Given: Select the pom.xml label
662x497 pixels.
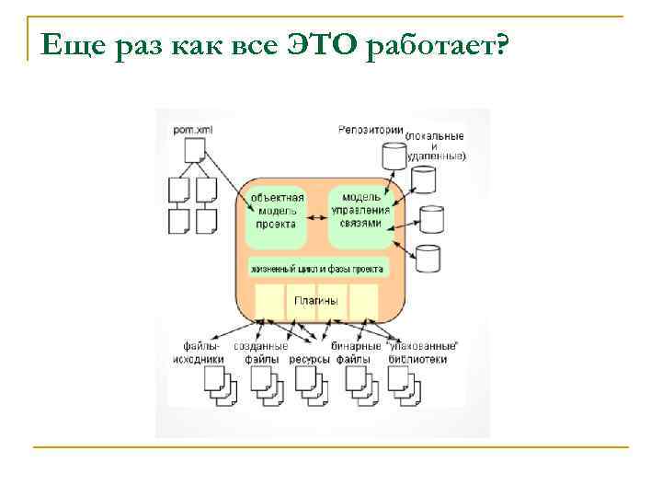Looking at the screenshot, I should (x=192, y=130).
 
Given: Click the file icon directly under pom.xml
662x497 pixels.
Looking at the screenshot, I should (x=195, y=150).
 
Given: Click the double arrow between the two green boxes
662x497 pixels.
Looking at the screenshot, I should (x=318, y=217).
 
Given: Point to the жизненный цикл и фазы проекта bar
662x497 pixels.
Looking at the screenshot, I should (x=318, y=269).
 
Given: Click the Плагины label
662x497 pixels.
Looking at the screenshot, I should (x=316, y=301).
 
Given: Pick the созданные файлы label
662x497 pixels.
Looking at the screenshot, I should (x=255, y=353).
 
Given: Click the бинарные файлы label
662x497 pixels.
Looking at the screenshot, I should (x=354, y=353).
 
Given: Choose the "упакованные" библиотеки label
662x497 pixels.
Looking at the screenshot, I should (x=417, y=353).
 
